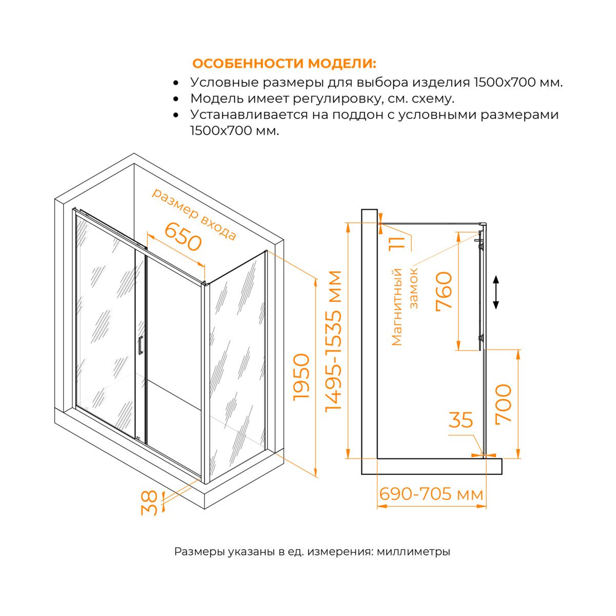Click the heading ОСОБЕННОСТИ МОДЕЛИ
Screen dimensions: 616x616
coord(284,64)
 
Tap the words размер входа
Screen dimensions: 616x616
coord(194,214)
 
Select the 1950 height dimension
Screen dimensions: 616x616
coord(301,377)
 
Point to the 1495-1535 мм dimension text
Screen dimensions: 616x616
coord(334,341)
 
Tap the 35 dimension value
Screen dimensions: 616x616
coord(460,420)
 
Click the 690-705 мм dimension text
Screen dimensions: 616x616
coord(431,494)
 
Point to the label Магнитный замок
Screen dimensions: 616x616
coord(405,307)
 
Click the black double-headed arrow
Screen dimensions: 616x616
coord(496,293)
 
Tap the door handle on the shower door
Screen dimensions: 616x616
coord(140,345)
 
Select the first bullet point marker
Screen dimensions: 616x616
coord(176,83)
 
